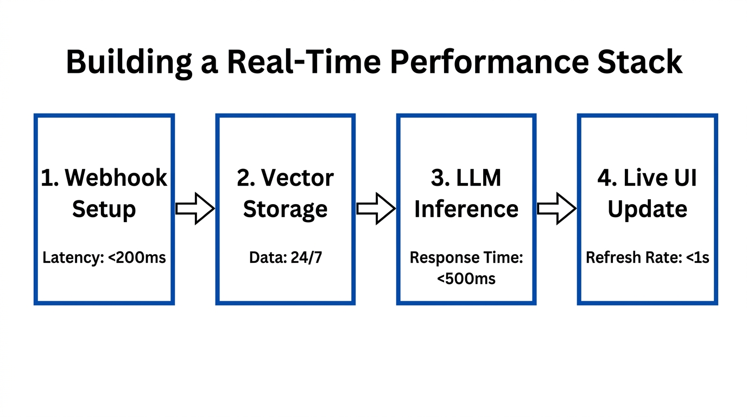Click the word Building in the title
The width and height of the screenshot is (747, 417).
point(128,62)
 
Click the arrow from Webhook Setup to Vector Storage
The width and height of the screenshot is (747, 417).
point(195,208)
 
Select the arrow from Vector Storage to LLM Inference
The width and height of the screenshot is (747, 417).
point(376,208)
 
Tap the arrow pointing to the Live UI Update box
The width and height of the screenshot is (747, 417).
point(556,208)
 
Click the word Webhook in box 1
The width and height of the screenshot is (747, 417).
point(116,178)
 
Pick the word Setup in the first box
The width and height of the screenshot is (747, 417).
point(104,209)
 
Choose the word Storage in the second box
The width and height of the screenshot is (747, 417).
point(285,209)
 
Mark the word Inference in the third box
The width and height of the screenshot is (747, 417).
point(466,209)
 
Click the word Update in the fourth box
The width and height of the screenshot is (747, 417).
point(647,209)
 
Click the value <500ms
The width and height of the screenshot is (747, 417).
point(466,279)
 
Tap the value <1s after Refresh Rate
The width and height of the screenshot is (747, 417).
point(698,257)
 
